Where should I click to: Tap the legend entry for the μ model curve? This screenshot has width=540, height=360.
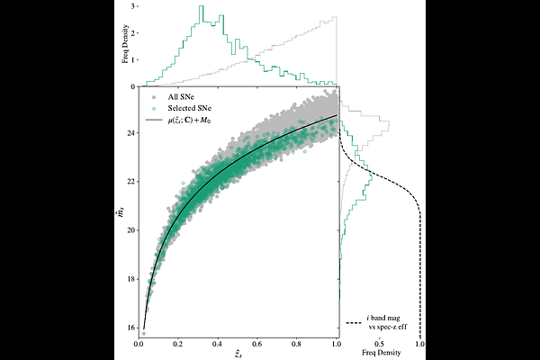[193, 120]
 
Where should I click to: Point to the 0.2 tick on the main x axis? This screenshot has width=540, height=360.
[179, 344]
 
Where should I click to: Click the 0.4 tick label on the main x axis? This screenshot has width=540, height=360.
[219, 344]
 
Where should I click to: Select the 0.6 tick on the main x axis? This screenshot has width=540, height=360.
[258, 344]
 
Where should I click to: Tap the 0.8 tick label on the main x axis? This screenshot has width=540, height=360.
[298, 344]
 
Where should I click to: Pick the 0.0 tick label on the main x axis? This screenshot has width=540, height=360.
[139, 344]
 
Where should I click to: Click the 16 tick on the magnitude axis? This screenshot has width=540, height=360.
[131, 328]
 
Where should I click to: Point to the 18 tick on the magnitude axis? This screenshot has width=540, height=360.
[131, 279]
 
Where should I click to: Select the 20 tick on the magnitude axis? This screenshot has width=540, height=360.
[131, 230]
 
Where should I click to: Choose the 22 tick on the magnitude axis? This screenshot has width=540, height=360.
[131, 182]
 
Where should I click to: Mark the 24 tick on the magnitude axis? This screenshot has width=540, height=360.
[131, 133]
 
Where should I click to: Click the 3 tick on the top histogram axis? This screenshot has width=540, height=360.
[133, 5]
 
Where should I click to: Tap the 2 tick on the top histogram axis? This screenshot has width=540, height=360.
[133, 32]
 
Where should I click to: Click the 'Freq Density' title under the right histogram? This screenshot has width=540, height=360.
[379, 353]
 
